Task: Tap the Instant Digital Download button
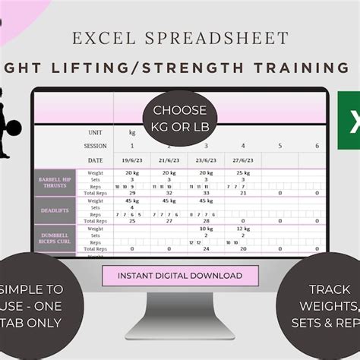click(x=179, y=276)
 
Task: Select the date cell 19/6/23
click(x=131, y=160)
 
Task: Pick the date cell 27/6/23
click(x=242, y=160)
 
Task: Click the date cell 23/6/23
click(x=205, y=160)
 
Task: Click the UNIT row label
click(x=95, y=133)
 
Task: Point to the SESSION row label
click(x=95, y=146)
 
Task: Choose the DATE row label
click(x=95, y=160)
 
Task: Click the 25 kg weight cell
click(x=242, y=174)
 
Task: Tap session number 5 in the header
click(x=279, y=146)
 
